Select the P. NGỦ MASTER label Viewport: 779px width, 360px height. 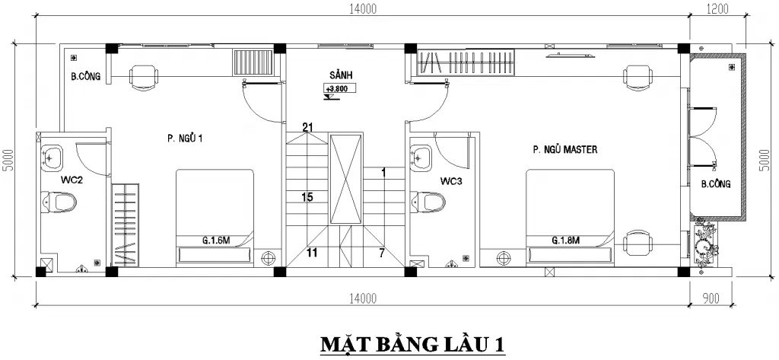click(564, 150)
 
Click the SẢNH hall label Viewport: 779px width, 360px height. click(340, 75)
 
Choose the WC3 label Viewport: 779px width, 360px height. click(452, 181)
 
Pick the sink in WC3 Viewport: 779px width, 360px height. click(420, 158)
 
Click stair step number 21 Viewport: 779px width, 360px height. click(308, 127)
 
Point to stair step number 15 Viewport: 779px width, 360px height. click(307, 197)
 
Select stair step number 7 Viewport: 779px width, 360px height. click(383, 252)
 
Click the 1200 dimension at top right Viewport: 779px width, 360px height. click(717, 10)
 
